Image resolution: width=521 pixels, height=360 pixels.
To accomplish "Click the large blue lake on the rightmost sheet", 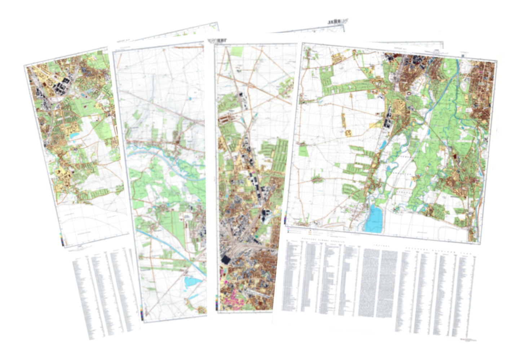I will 374,218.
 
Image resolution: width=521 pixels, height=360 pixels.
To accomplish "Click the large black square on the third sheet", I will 226,260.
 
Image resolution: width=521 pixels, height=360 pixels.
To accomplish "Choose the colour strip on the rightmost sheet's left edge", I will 286,219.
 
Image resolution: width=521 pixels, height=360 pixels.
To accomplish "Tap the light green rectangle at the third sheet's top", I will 237,51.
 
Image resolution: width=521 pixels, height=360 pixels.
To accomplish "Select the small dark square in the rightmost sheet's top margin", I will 463,55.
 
